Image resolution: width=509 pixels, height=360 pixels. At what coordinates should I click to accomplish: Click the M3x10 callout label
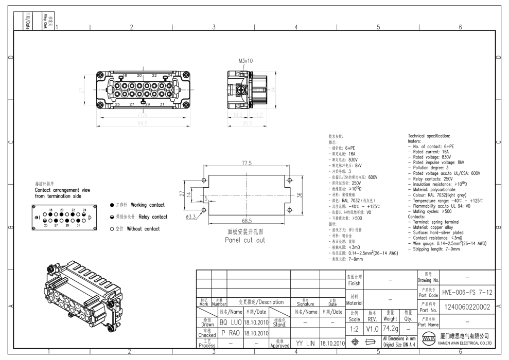(x=246, y=61)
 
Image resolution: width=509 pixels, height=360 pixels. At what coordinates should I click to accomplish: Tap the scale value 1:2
(x=354, y=327)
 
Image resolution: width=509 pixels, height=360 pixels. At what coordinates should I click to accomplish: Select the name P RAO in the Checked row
(x=231, y=333)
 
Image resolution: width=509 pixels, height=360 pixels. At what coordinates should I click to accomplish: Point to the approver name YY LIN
(x=306, y=343)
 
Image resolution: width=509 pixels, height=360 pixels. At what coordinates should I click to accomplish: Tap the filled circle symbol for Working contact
(x=112, y=205)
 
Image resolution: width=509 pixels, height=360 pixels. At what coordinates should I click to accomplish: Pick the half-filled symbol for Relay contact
(x=112, y=217)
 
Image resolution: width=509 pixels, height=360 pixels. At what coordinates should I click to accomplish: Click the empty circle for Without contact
(x=112, y=229)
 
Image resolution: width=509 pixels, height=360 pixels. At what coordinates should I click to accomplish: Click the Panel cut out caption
(x=245, y=240)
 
